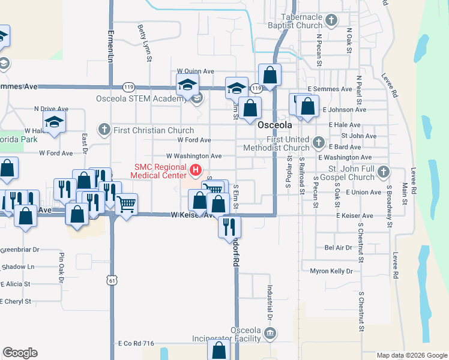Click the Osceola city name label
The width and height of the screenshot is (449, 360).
click(x=275, y=125)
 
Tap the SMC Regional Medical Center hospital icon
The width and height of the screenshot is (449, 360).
click(x=195, y=171)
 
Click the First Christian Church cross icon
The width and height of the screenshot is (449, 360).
click(x=104, y=130)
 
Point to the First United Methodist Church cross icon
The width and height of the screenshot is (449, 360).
click(x=318, y=143)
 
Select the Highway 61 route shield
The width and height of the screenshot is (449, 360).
click(x=111, y=280)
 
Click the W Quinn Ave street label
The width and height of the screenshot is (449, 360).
click(x=195, y=71)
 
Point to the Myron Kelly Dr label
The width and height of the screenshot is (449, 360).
click(x=331, y=271)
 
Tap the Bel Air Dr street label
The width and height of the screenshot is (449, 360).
click(x=337, y=247)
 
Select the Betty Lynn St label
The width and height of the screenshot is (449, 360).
click(x=143, y=43)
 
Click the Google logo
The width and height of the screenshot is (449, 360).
click(x=20, y=353)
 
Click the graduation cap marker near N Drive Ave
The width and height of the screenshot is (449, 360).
click(x=55, y=122)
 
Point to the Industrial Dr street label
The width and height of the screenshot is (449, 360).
click(x=270, y=302)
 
